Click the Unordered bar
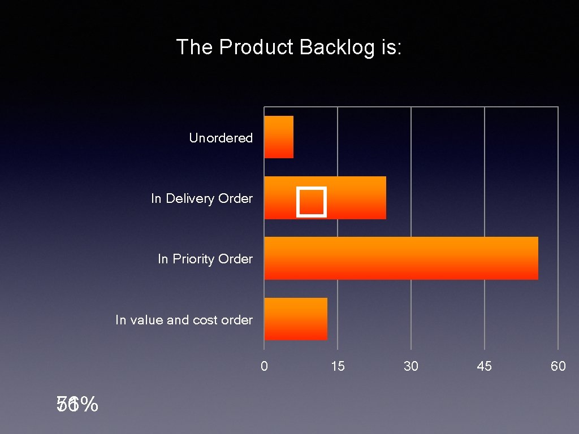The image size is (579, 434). pyautogui.click(x=279, y=137)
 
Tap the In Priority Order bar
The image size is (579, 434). pyautogui.click(x=401, y=258)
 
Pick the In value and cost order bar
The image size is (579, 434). pyautogui.click(x=296, y=319)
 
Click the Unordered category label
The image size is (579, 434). pyautogui.click(x=221, y=138)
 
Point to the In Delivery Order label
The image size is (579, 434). pyautogui.click(x=201, y=198)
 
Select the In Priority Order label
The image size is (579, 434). pyautogui.click(x=205, y=259)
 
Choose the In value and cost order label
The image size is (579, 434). pyautogui.click(x=184, y=320)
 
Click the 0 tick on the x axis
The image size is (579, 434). pyautogui.click(x=264, y=366)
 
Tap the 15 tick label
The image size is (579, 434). pyautogui.click(x=338, y=366)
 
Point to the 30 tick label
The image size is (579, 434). pyautogui.click(x=411, y=366)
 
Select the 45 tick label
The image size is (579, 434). pyautogui.click(x=485, y=366)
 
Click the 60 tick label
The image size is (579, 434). pyautogui.click(x=558, y=366)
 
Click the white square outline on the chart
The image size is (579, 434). pyautogui.click(x=312, y=202)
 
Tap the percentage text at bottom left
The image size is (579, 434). pyautogui.click(x=77, y=405)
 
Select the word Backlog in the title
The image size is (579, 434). pyautogui.click(x=336, y=47)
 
